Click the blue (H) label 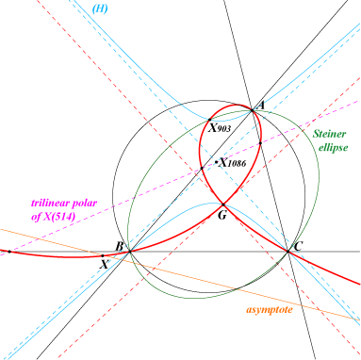(x=100, y=8)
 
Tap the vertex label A (x=261, y=106)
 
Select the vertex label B (x=119, y=246)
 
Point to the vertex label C (x=298, y=246)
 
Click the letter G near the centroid (x=222, y=215)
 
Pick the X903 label (x=220, y=128)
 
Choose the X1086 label (x=233, y=163)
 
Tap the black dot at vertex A (x=252, y=110)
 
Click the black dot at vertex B (x=129, y=252)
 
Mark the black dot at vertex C (x=287, y=252)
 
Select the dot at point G (x=223, y=205)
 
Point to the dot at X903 (x=209, y=120)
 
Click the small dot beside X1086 (x=216, y=162)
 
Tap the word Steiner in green (x=329, y=134)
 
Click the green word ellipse (x=333, y=147)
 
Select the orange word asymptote (x=270, y=310)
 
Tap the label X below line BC (x=104, y=265)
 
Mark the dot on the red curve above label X (x=103, y=256)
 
